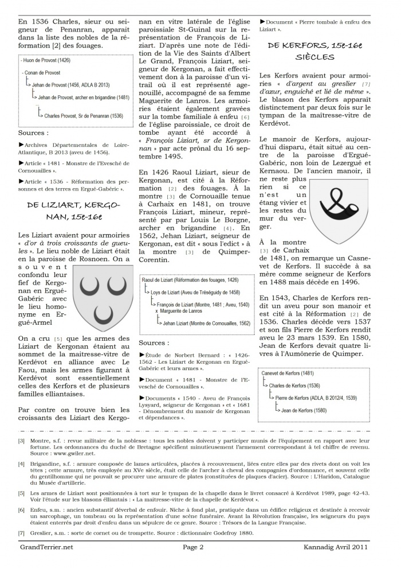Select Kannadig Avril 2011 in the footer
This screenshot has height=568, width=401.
[337, 547]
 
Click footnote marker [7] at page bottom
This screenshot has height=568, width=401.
[21, 532]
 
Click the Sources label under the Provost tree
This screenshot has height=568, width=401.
[33, 133]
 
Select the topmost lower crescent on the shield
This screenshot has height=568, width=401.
[103, 313]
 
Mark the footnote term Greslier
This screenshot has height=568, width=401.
[45, 532]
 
